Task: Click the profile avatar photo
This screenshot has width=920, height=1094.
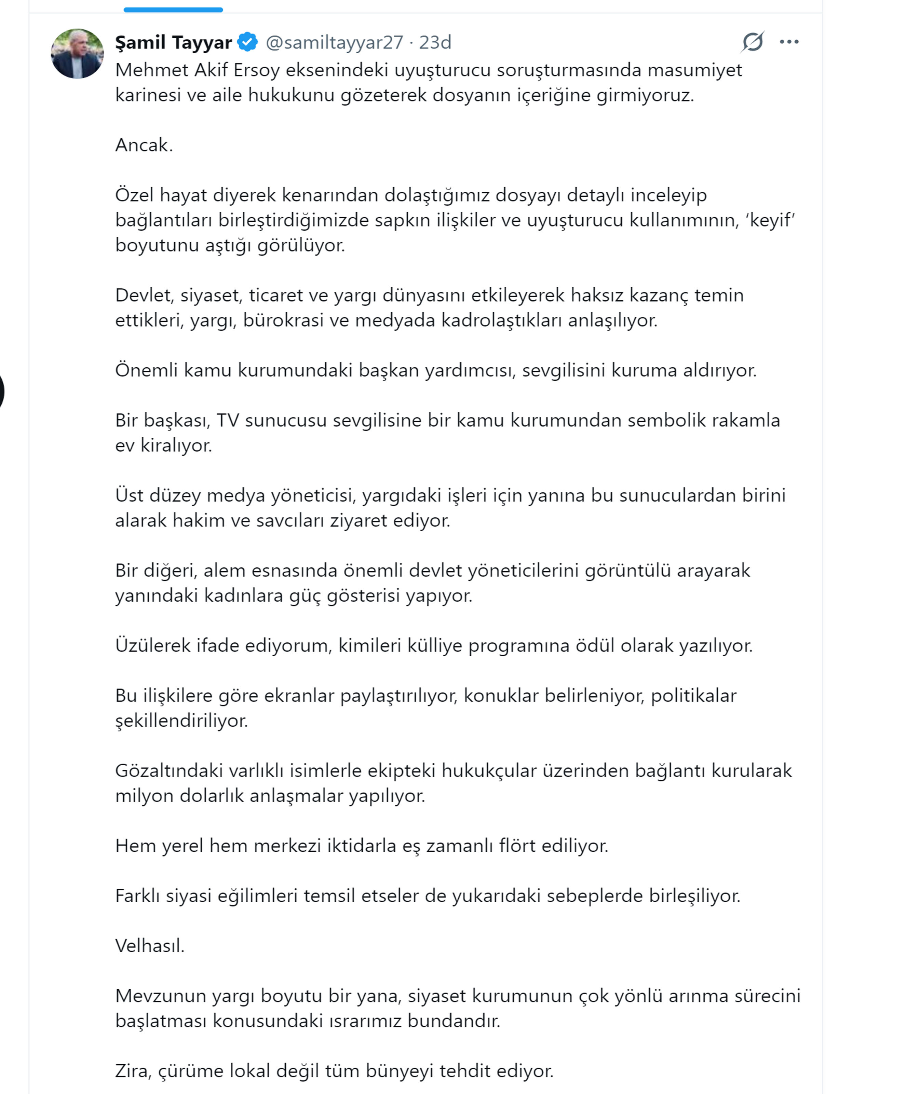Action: pyautogui.click(x=77, y=54)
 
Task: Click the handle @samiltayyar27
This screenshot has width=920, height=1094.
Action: pyautogui.click(x=334, y=42)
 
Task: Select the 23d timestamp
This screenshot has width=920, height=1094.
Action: pyautogui.click(x=435, y=42)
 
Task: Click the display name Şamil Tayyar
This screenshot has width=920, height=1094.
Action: pyautogui.click(x=173, y=42)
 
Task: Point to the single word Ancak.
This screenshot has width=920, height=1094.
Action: pyautogui.click(x=144, y=145)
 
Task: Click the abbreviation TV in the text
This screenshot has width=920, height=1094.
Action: pyautogui.click(x=227, y=420)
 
